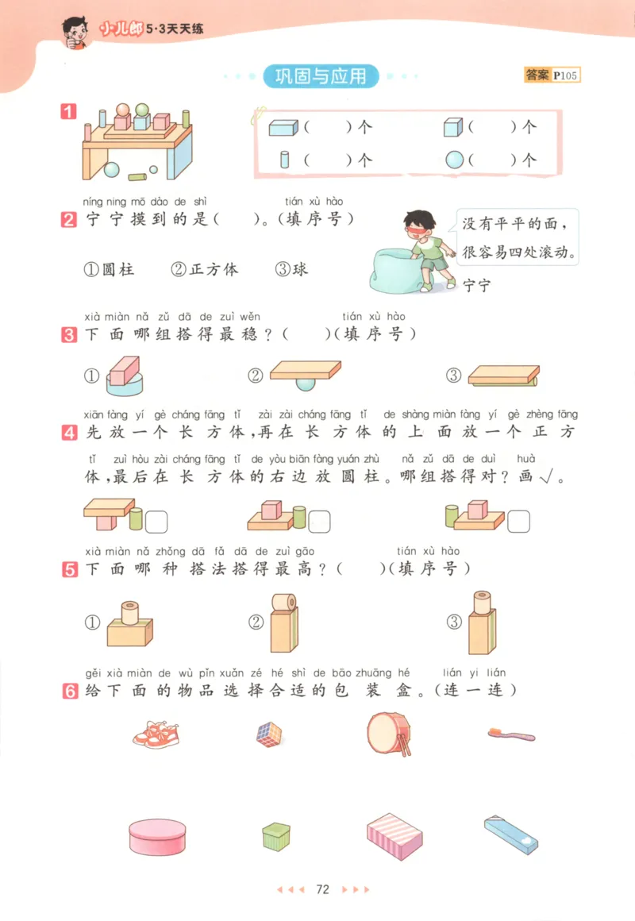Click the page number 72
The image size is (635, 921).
click(x=321, y=889)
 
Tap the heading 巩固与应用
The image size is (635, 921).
click(x=321, y=76)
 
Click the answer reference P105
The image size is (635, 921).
click(x=567, y=75)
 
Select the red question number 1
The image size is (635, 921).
click(x=69, y=112)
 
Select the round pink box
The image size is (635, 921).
click(x=158, y=837)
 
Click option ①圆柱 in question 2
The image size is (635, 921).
click(x=109, y=269)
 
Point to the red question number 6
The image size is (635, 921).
click(x=69, y=692)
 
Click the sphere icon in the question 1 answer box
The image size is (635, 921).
click(x=453, y=160)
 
